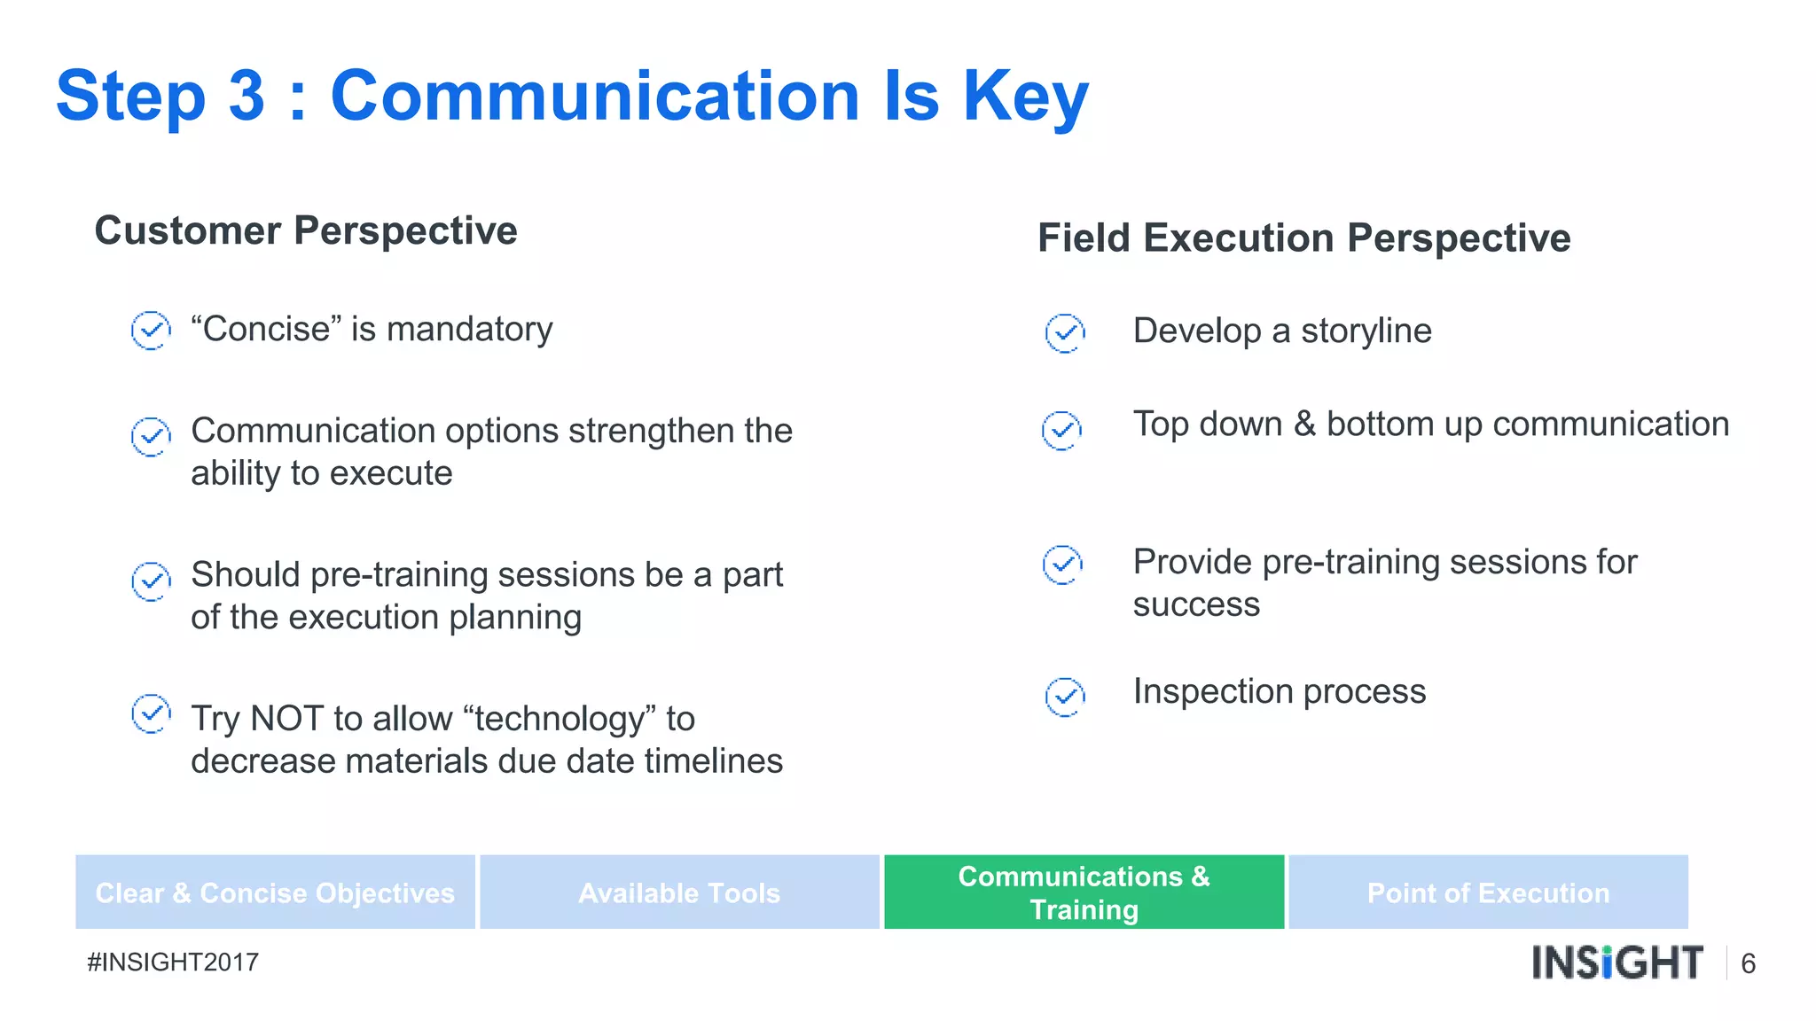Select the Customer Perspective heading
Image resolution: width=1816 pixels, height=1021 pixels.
[306, 230]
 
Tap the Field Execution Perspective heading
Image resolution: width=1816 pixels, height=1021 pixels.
[1303, 238]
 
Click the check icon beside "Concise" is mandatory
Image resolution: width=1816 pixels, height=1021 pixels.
[151, 331]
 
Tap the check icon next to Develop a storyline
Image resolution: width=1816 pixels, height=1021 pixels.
[1064, 333]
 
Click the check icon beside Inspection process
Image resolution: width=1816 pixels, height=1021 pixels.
[1064, 697]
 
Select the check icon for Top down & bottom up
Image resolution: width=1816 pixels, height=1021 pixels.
[1061, 431]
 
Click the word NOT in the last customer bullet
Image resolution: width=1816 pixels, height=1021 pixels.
[287, 719]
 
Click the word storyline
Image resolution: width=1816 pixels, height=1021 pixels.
[1366, 331]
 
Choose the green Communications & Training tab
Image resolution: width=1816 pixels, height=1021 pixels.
[1084, 892]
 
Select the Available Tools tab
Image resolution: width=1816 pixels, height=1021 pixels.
[679, 892]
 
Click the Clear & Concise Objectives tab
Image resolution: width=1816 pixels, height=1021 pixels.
[275, 892]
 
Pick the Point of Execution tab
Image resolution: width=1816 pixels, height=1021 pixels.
[1488, 892]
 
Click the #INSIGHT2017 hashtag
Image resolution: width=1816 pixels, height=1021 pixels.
[173, 963]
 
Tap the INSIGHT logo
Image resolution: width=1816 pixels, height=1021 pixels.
[1617, 963]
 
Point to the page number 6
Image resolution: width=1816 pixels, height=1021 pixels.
[1748, 963]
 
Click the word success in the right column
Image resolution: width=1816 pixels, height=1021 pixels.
[1195, 604]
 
